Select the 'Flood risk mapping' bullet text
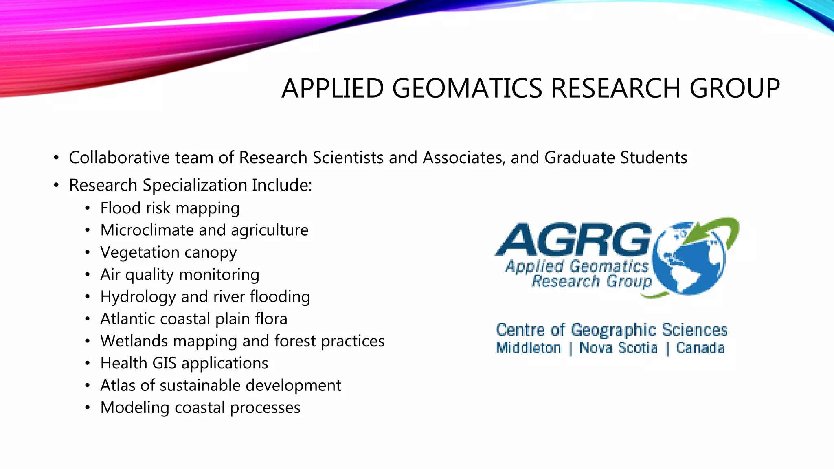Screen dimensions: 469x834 170,208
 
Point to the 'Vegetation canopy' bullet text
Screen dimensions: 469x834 168,253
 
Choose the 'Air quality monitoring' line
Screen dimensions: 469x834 180,275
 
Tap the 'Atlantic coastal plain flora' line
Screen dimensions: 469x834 194,319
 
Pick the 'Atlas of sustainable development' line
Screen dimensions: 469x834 220,386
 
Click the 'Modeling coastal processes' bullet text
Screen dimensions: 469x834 200,408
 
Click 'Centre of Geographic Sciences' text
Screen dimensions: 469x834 611,330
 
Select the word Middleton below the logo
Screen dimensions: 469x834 529,348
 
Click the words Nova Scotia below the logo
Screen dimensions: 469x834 618,348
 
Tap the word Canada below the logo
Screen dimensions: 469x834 700,348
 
